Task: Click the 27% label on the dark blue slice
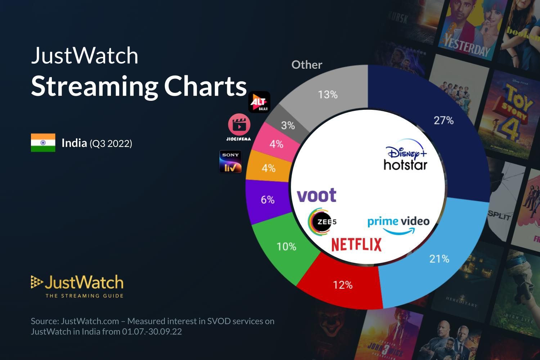tap(444, 120)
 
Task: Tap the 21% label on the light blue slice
tap(439, 258)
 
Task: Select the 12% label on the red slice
tap(343, 285)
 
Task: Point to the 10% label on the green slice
tap(286, 247)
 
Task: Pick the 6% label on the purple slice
tap(267, 199)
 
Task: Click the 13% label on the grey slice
tap(328, 95)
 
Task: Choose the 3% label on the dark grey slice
tap(288, 125)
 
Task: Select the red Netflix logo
tap(356, 244)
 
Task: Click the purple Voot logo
tap(316, 195)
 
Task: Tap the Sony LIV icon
tap(230, 161)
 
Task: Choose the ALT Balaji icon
tap(259, 102)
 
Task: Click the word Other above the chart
tap(307, 65)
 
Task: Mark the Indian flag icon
tap(43, 143)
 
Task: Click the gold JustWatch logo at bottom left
tap(77, 286)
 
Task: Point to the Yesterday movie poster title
tap(467, 45)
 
